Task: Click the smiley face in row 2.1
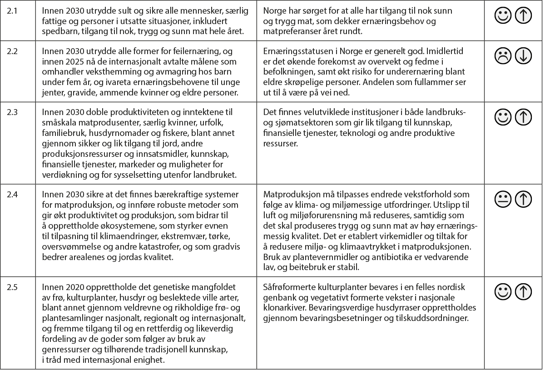click(503, 16)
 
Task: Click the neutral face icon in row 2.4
click(503, 199)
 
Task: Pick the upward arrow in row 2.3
click(524, 117)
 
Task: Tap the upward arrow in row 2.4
click(524, 199)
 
